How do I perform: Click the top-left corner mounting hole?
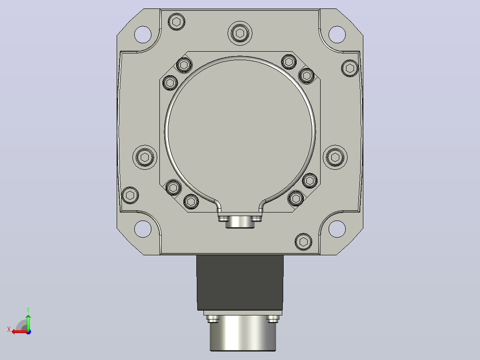click(x=142, y=34)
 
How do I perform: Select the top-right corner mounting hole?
click(x=337, y=34)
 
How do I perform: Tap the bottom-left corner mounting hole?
click(x=142, y=229)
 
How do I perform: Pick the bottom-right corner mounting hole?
click(x=337, y=229)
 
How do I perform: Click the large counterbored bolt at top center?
click(x=240, y=33)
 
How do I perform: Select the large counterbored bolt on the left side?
click(x=145, y=157)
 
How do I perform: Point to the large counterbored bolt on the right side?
click(x=335, y=157)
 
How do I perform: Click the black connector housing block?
click(x=240, y=282)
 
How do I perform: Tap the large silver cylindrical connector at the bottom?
click(x=243, y=333)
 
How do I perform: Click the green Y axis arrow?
click(x=28, y=322)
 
